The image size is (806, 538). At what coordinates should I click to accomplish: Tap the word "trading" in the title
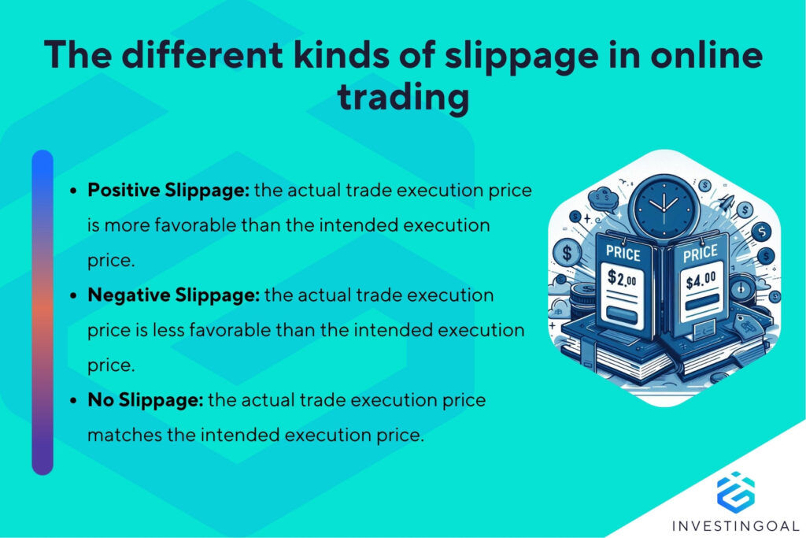tap(403, 99)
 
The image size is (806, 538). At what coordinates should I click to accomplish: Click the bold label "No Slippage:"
tap(146, 399)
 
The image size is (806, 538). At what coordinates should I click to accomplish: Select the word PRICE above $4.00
tap(699, 252)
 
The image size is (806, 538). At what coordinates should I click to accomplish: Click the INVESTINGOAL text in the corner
tap(736, 525)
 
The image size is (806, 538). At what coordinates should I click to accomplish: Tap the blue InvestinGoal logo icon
tap(735, 489)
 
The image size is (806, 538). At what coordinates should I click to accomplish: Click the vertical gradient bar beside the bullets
tap(43, 312)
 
